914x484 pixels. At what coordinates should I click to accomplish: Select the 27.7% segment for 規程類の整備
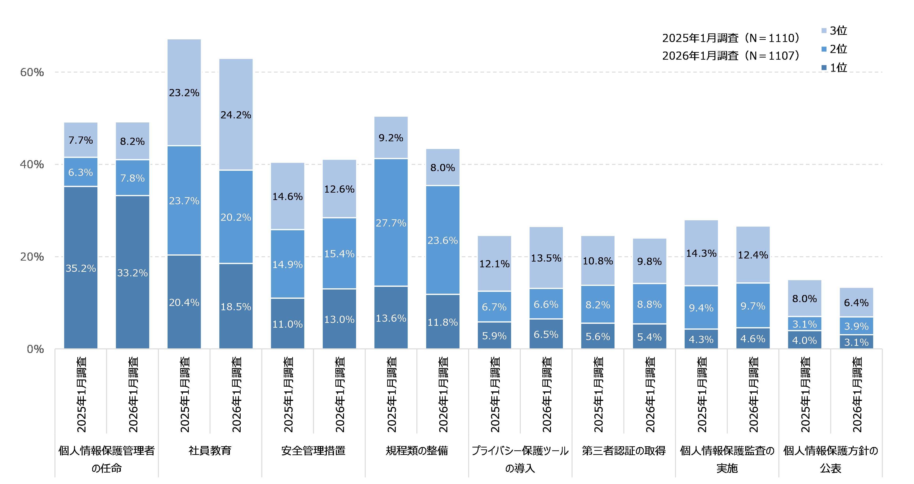pyautogui.click(x=391, y=222)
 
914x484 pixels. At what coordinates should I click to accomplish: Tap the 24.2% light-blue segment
pyautogui.click(x=236, y=114)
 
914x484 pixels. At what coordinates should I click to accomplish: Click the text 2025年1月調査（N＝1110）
pyautogui.click(x=731, y=38)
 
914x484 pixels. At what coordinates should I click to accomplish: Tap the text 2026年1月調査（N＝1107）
pyautogui.click(x=731, y=56)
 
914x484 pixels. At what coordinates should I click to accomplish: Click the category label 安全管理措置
pyautogui.click(x=313, y=451)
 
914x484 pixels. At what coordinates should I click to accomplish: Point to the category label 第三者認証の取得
pyautogui.click(x=623, y=451)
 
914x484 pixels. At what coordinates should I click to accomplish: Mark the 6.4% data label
pyautogui.click(x=856, y=303)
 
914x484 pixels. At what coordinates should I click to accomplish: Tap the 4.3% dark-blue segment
pyautogui.click(x=701, y=339)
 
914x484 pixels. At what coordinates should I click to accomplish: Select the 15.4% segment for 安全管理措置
pyautogui.click(x=339, y=253)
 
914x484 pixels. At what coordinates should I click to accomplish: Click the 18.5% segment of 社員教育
pyautogui.click(x=236, y=307)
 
